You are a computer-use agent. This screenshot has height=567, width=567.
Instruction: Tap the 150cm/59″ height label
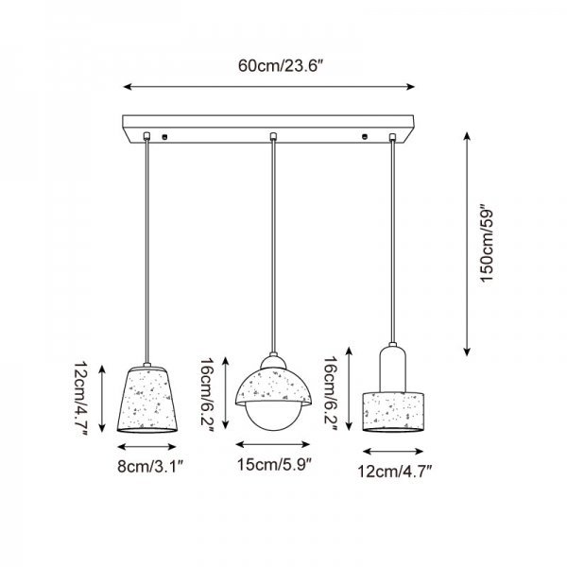pos(487,244)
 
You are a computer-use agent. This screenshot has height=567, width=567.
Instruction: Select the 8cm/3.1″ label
pos(152,467)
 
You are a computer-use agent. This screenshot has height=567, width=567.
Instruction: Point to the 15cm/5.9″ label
pos(274,464)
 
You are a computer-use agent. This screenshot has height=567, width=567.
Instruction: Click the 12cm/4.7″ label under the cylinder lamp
pos(395,472)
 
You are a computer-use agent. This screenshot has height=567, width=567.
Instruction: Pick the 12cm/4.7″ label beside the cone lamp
pos(82,399)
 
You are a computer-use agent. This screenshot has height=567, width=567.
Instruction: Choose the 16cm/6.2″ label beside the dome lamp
pos(208,395)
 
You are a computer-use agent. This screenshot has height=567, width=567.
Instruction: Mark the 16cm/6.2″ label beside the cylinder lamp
pos(331,393)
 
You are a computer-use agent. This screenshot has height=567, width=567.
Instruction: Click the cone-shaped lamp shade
pos(147,399)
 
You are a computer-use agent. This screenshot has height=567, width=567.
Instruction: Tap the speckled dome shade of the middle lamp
pos(273,387)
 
